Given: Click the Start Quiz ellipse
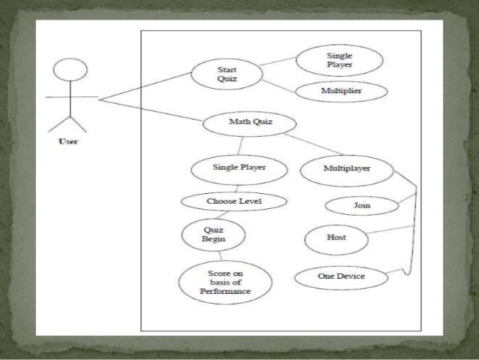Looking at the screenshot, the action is [227, 74].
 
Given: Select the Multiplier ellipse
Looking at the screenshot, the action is [342, 91].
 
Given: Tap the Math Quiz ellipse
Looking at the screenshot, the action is [249, 124].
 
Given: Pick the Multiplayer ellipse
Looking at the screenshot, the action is [347, 171].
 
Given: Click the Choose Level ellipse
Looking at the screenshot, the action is [234, 201].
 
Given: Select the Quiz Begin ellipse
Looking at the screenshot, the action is [213, 235].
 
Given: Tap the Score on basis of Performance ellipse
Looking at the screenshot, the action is [225, 283].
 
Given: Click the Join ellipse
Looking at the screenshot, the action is [362, 205].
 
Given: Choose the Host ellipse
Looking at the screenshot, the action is [336, 239].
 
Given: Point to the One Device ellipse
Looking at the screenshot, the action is [342, 278].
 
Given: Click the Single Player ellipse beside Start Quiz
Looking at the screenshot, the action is [339, 60].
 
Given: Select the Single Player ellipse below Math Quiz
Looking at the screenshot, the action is [239, 170].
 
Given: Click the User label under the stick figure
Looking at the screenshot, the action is [68, 141].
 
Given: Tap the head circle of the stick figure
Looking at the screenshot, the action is [71, 69].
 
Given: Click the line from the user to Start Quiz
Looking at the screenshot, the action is [146, 86].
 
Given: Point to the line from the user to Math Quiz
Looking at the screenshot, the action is [151, 110].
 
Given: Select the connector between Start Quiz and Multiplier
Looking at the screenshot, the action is [279, 86].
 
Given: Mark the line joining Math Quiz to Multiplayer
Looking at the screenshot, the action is [313, 144].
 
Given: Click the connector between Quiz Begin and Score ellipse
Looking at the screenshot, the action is [220, 256].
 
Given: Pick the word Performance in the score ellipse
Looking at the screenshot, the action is [225, 291].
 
